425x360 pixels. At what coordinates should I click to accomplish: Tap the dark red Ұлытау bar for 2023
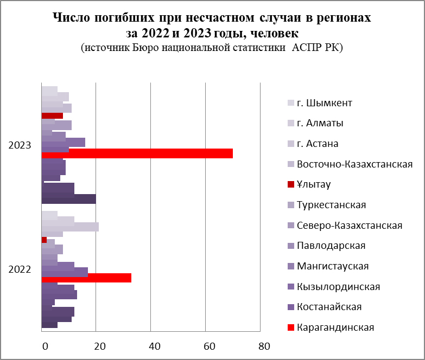coord(52,115)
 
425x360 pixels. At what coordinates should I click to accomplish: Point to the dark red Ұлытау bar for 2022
coord(44,240)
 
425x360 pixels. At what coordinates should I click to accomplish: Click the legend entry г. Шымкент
coord(328,103)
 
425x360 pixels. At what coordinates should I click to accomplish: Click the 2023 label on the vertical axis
coord(20,145)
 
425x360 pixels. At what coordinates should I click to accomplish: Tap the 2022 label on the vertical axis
coord(20,269)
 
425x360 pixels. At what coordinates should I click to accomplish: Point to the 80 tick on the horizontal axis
coord(263,346)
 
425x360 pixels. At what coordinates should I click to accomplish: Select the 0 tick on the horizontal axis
coord(45,346)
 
